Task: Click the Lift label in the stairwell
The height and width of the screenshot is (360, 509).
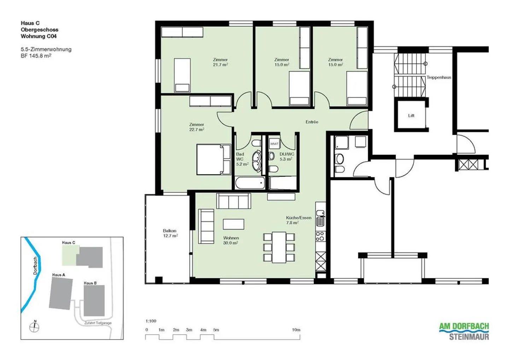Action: [x=411, y=116]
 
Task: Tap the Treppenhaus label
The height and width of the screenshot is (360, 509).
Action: [x=439, y=77]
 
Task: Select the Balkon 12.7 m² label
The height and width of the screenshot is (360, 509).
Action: [x=170, y=233]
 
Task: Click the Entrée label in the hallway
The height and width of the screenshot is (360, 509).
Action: [x=312, y=122]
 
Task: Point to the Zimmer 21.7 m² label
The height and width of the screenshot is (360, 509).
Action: [x=220, y=62]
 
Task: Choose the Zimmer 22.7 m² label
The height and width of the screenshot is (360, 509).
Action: [x=197, y=127]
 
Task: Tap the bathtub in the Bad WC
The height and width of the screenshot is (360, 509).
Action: [x=250, y=183]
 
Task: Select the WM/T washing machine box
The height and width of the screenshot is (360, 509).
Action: [x=274, y=144]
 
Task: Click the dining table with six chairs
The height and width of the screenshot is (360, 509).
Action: [x=279, y=247]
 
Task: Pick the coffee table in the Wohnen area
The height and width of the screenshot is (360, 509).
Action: [x=233, y=224]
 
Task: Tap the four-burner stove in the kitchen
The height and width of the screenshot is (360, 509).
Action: [x=320, y=236]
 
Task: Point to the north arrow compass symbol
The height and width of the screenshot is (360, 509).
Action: [x=35, y=327]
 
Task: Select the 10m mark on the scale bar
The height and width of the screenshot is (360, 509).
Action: [x=296, y=330]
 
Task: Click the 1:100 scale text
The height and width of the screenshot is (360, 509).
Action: [x=151, y=321]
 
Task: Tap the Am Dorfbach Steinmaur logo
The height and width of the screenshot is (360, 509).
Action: [x=464, y=331]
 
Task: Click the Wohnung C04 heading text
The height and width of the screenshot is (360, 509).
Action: [x=39, y=36]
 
